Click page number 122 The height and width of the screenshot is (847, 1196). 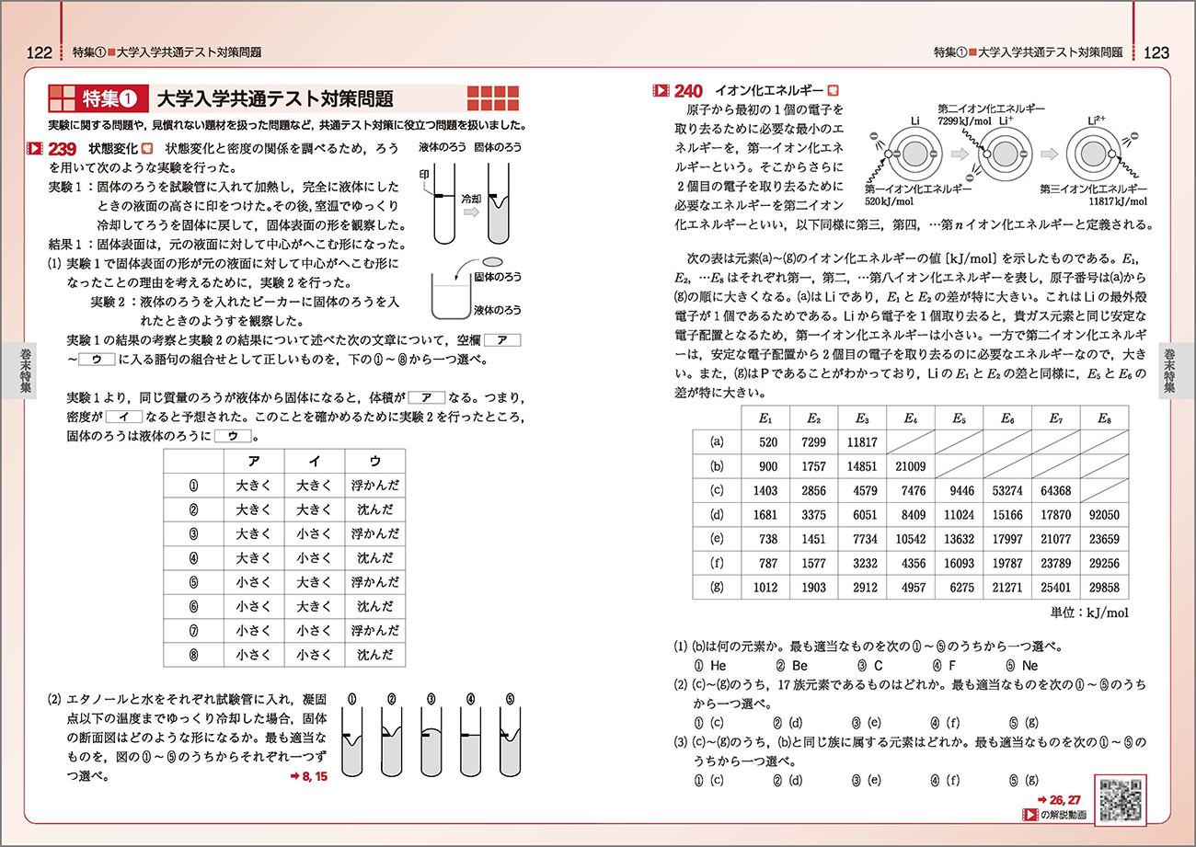(x=38, y=52)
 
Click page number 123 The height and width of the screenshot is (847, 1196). (x=1156, y=52)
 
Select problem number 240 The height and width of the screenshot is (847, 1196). (x=688, y=91)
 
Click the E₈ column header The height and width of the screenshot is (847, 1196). (x=1104, y=418)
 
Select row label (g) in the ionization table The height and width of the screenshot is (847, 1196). (x=718, y=589)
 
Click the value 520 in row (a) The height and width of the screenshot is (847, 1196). (x=768, y=442)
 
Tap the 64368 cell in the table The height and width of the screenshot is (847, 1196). (x=1054, y=491)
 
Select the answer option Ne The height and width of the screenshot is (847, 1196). (x=1029, y=665)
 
